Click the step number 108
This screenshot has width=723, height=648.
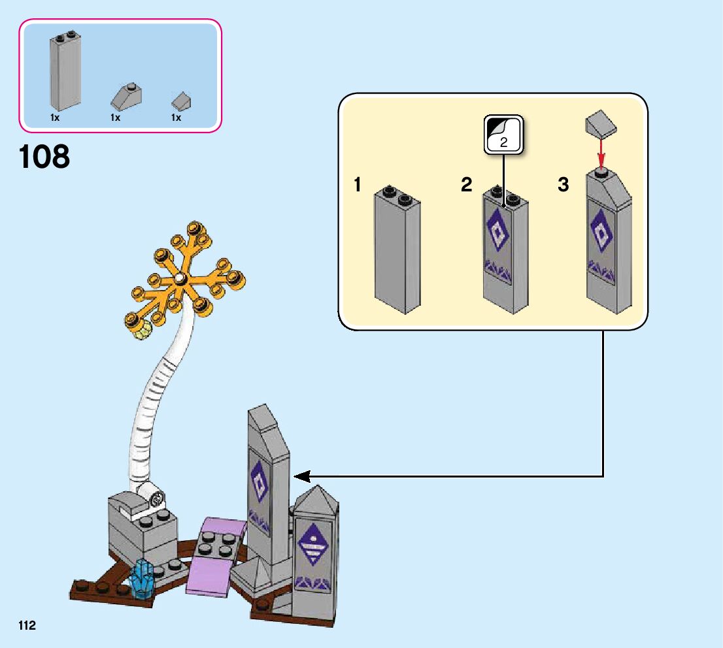click(x=44, y=157)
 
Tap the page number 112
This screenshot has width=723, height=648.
click(x=27, y=626)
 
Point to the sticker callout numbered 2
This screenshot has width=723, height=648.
click(x=503, y=135)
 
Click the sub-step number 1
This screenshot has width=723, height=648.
click(x=357, y=185)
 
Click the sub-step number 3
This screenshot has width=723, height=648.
click(x=563, y=185)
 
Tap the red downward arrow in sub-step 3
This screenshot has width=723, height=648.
click(x=601, y=155)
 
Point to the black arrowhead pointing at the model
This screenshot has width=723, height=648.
click(x=301, y=476)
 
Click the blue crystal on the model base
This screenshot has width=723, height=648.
click(x=142, y=579)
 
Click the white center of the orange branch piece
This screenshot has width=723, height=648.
click(x=178, y=280)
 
